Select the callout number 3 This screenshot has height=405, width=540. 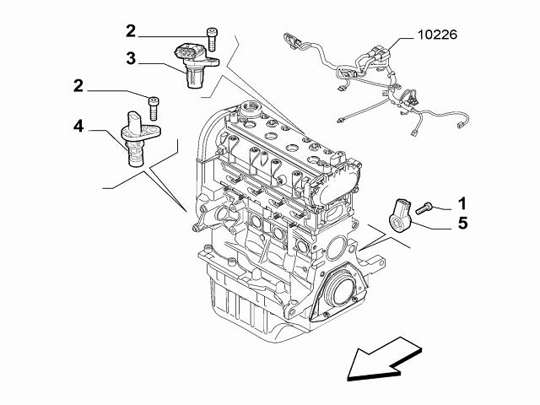(x=131, y=58)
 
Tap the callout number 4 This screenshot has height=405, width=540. (x=78, y=127)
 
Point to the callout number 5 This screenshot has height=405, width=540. (x=462, y=224)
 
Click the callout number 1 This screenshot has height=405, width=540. (x=462, y=202)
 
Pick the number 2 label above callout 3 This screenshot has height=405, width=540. (x=131, y=32)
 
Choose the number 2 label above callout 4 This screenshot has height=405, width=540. (x=78, y=85)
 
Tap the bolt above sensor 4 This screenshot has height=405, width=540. (x=154, y=107)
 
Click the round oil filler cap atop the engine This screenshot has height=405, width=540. (x=250, y=109)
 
